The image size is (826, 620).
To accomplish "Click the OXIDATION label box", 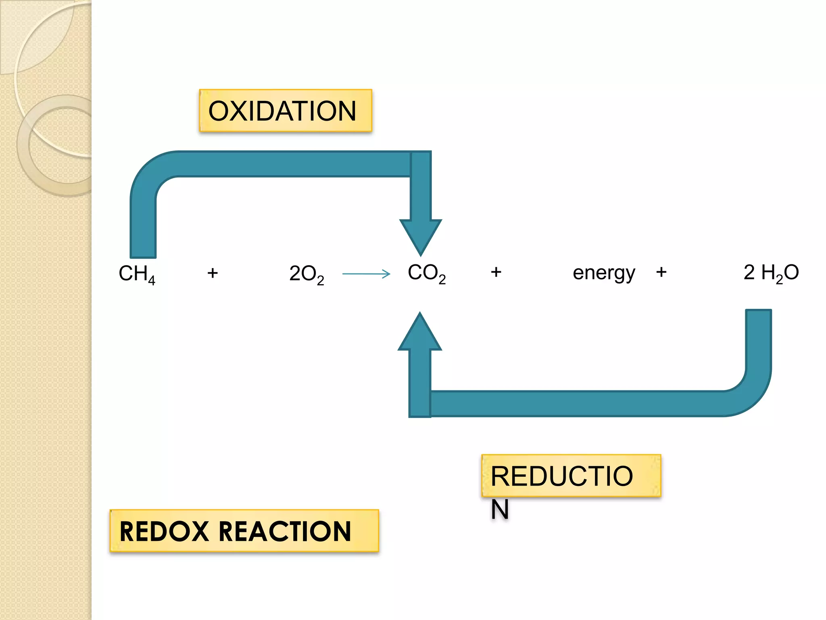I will (x=286, y=111).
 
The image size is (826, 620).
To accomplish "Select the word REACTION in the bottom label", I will (x=285, y=531).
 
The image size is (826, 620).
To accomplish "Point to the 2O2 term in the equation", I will (x=307, y=274).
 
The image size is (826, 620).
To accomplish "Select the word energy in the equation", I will (x=604, y=273).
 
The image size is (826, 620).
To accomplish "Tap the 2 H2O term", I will (x=771, y=273).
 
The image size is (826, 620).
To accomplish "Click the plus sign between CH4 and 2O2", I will (x=213, y=273).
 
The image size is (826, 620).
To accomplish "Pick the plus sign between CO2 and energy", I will (x=496, y=272).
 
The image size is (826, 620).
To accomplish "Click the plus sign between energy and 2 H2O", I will (x=661, y=272).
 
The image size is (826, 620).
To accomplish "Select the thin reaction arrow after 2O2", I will (x=366, y=274).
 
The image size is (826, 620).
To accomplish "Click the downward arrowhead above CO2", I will (x=421, y=236).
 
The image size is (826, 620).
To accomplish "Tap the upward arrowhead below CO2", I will (x=420, y=333).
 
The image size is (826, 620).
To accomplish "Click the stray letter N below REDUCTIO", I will (x=500, y=509).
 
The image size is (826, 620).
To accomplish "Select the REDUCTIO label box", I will (x=571, y=475).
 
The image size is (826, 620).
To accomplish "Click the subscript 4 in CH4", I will (x=152, y=281).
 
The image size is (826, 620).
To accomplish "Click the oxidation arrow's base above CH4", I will (x=143, y=246).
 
